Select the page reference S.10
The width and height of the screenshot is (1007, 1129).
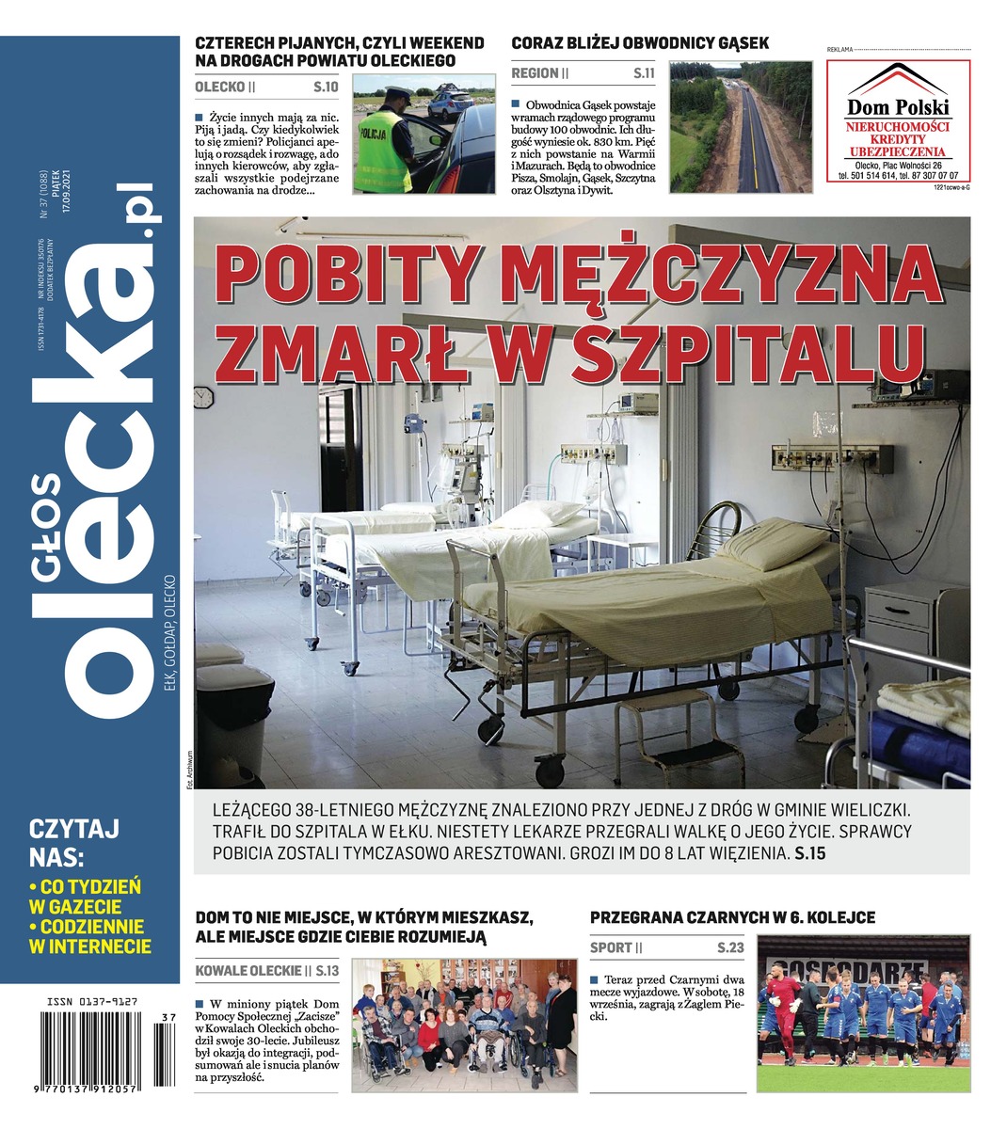(x=325, y=87)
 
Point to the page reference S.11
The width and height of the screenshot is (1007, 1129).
(x=644, y=72)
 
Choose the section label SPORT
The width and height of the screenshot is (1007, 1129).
(x=611, y=948)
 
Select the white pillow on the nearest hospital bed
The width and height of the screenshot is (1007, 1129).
(x=772, y=544)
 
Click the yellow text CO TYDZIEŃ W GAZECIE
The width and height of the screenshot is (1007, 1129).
(x=85, y=897)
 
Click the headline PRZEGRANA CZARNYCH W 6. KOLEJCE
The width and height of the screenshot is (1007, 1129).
(x=732, y=917)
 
